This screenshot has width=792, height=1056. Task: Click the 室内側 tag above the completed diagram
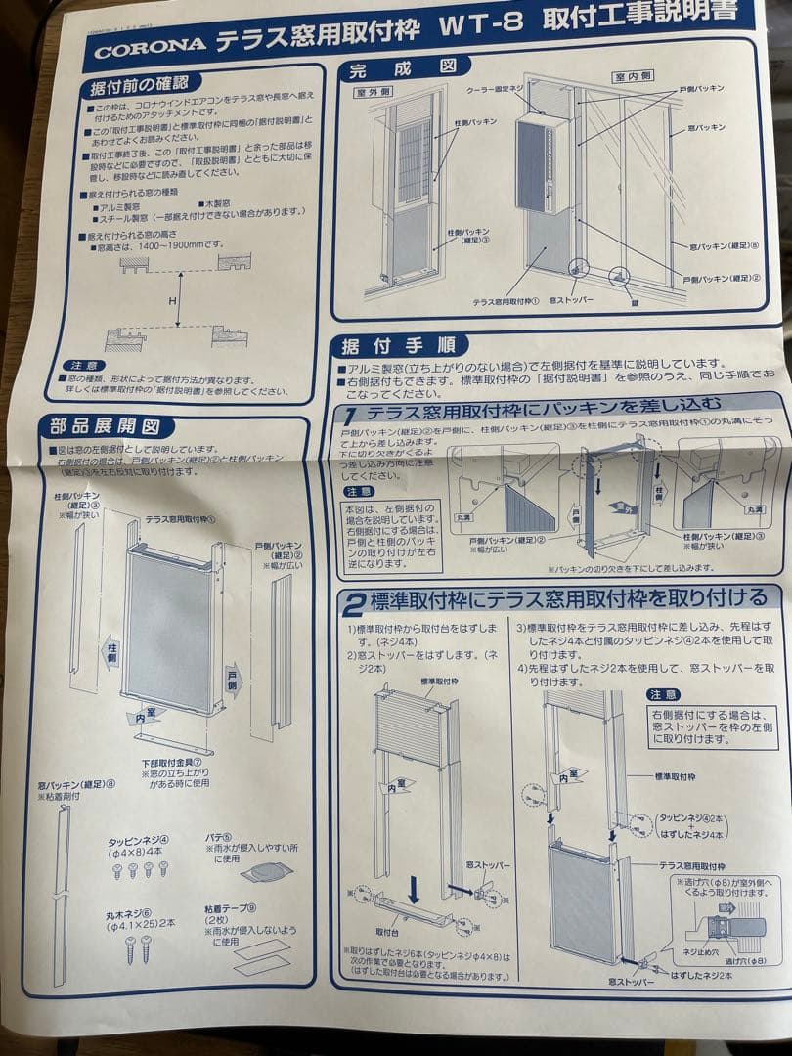pyautogui.click(x=633, y=76)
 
